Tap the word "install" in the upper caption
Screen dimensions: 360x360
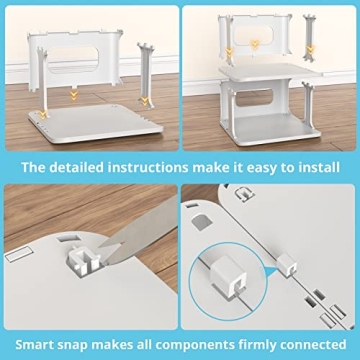point(317,166)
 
